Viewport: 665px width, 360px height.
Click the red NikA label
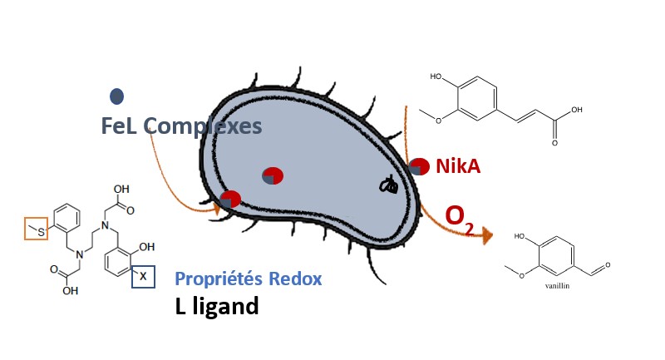pyautogui.click(x=458, y=166)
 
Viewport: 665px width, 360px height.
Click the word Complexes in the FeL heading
pyautogui.click(x=203, y=126)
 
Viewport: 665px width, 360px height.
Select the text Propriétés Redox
pyautogui.click(x=248, y=279)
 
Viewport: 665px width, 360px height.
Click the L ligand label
pyautogui.click(x=217, y=306)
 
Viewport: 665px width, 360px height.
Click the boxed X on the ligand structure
pyautogui.click(x=143, y=275)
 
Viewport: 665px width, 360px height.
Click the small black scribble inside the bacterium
pyautogui.click(x=388, y=185)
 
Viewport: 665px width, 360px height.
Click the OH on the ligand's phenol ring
pyautogui.click(x=148, y=247)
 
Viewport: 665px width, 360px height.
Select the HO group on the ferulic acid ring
pyautogui.click(x=436, y=77)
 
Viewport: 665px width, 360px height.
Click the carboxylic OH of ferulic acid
pyautogui.click(x=576, y=110)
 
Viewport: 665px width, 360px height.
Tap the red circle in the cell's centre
pyautogui.click(x=273, y=176)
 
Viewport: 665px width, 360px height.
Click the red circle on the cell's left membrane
pyautogui.click(x=231, y=200)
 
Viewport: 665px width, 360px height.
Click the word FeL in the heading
pyautogui.click(x=119, y=126)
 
